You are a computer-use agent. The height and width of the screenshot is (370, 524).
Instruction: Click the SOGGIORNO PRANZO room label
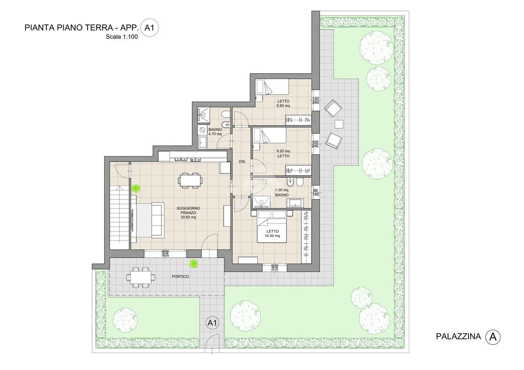pyautogui.click(x=188, y=212)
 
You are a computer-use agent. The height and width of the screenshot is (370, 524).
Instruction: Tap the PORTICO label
pyautogui.click(x=180, y=277)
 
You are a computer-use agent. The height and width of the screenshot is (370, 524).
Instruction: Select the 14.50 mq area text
pyautogui.click(x=272, y=236)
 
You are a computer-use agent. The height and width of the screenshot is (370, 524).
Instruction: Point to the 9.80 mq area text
pyautogui.click(x=283, y=106)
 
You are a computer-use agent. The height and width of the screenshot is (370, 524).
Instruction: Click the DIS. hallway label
pyautogui.click(x=242, y=161)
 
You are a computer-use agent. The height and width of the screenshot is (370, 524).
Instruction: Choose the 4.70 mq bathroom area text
pyautogui.click(x=215, y=134)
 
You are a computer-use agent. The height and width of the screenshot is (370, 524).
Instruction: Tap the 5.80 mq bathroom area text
pyautogui.click(x=282, y=190)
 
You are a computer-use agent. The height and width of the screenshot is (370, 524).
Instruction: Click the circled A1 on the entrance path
pyautogui.click(x=212, y=323)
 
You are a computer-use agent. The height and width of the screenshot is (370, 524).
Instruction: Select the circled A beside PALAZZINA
pyautogui.click(x=493, y=337)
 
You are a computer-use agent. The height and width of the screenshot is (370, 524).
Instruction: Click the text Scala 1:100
pyautogui.click(x=122, y=37)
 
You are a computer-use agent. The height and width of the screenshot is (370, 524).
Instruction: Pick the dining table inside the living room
pyautogui.click(x=190, y=181)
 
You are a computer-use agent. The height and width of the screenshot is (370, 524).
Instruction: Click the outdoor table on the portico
pyautogui.click(x=141, y=277)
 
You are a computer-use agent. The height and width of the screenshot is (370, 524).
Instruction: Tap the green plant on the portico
pyautogui.click(x=193, y=264)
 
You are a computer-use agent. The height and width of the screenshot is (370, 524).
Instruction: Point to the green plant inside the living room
pyautogui.click(x=136, y=188)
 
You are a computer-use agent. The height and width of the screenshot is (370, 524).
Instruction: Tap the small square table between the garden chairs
pyautogui.click(x=339, y=124)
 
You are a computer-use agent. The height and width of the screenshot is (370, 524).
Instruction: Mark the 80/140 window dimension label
pyautogui.click(x=316, y=192)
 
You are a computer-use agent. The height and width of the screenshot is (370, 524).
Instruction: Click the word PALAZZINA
pyautogui.click(x=458, y=336)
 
